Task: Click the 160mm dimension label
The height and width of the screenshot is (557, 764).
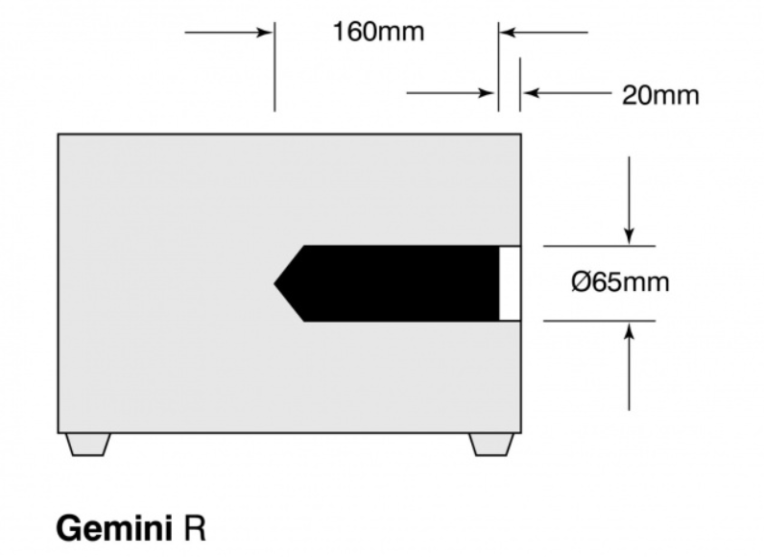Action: tap(378, 32)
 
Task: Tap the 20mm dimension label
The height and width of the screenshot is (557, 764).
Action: tap(660, 95)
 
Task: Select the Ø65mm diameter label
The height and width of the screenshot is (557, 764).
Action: tap(620, 282)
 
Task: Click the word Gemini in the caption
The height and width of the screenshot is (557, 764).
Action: tap(114, 528)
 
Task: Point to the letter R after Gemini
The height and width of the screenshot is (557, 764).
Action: tap(195, 528)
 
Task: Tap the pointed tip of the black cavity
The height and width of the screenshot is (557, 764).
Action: tap(274, 283)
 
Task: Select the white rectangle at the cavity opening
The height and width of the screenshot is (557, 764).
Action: tap(510, 283)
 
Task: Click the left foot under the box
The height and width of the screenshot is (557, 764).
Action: tap(87, 445)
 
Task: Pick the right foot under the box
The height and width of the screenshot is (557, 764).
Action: tap(491, 445)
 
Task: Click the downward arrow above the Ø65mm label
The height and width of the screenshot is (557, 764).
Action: tap(629, 200)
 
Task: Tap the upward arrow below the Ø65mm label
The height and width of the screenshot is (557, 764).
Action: tap(629, 367)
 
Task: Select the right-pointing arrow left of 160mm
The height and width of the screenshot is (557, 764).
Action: tap(228, 33)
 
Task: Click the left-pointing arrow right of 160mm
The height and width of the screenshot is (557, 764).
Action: tap(544, 33)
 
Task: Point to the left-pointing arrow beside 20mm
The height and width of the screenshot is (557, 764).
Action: tap(567, 92)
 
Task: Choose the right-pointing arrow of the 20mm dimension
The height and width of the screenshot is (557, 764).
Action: tap(451, 92)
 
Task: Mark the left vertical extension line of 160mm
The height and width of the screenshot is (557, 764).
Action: tap(275, 67)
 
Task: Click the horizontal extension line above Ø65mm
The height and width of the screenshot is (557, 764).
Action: tap(599, 246)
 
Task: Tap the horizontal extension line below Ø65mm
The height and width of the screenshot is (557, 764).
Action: tap(599, 321)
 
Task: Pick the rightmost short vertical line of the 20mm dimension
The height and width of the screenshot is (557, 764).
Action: tap(520, 85)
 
